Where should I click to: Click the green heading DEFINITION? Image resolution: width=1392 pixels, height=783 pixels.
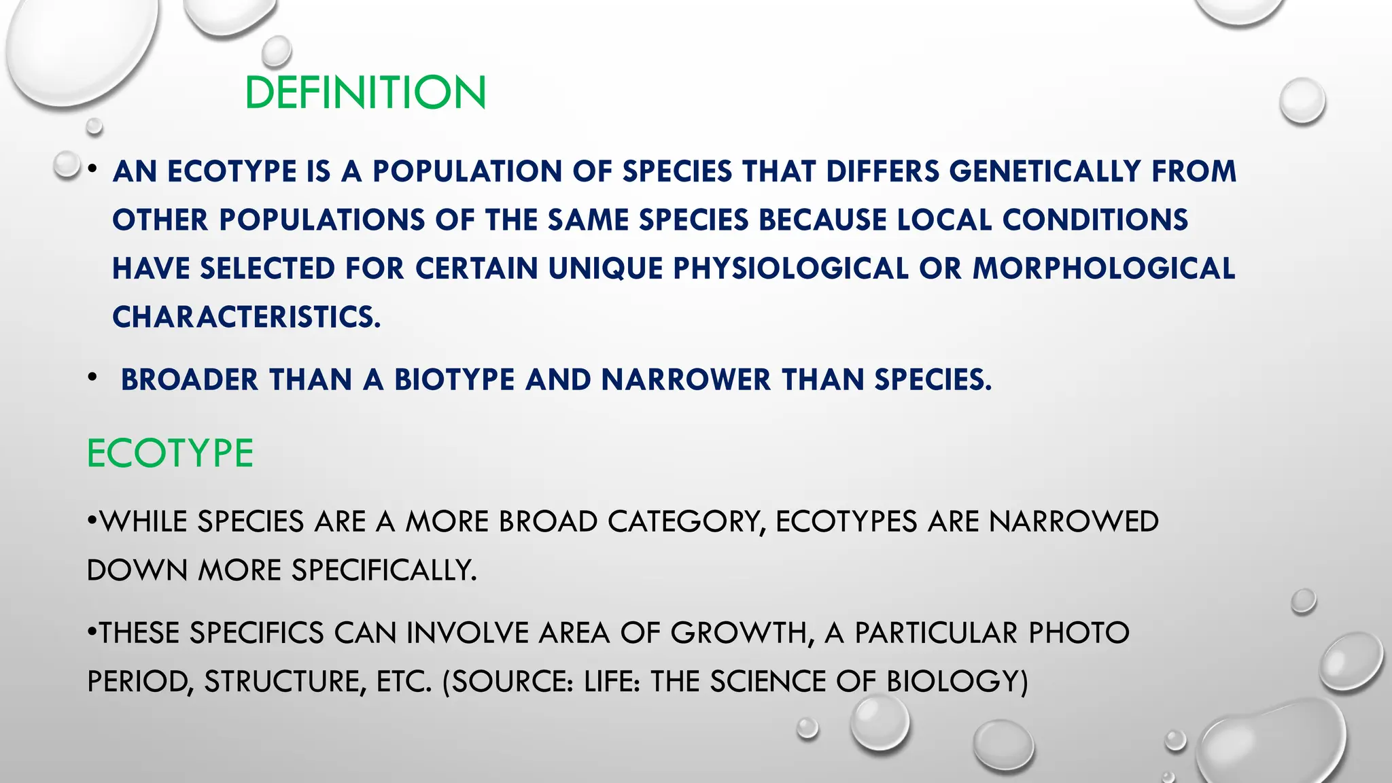pyautogui.click(x=365, y=92)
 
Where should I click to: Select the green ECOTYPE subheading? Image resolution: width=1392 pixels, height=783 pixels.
pyautogui.click(x=170, y=453)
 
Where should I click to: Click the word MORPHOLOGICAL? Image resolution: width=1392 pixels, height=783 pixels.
pyautogui.click(x=1104, y=268)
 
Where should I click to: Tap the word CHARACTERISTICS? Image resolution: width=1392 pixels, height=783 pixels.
pyautogui.click(x=245, y=317)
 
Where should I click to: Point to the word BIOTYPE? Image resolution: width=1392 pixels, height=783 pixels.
pyautogui.click(x=454, y=380)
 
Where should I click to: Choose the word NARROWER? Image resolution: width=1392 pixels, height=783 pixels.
pyautogui.click(x=686, y=380)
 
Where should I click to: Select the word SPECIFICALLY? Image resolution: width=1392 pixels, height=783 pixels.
pyautogui.click(x=384, y=570)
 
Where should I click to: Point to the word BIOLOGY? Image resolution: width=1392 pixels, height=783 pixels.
pyautogui.click(x=957, y=682)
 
